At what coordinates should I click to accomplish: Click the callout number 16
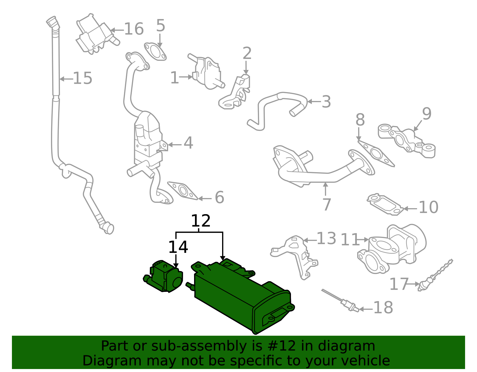(x=134, y=29)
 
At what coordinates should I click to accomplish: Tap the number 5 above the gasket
(x=160, y=26)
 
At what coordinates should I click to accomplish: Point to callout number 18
(x=383, y=308)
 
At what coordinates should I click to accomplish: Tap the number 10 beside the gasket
(x=428, y=207)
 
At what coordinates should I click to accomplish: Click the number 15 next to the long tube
(x=83, y=78)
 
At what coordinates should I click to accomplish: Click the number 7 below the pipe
(x=327, y=205)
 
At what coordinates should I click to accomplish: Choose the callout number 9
(x=427, y=114)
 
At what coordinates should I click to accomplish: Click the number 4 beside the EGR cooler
(x=188, y=143)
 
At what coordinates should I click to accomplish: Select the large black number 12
(x=201, y=221)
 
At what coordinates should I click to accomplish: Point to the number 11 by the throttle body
(x=350, y=240)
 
